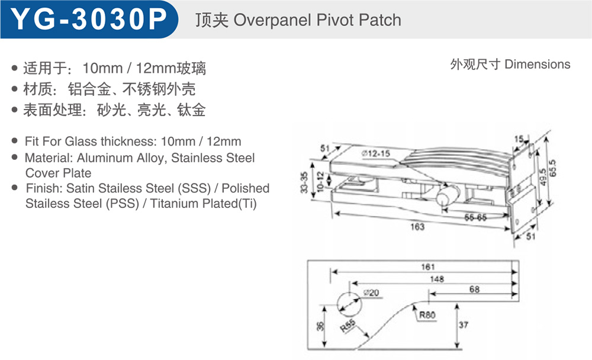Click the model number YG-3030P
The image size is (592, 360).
point(89,19)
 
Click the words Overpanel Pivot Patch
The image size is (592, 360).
point(317,20)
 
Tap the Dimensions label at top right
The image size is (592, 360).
point(538,64)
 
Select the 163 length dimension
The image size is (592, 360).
point(417,227)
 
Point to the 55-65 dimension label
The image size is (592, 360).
point(475,217)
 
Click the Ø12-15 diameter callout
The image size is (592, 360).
point(376,153)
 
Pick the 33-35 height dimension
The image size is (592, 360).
point(304,182)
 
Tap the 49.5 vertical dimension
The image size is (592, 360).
point(543,177)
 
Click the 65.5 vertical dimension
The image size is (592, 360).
point(553,168)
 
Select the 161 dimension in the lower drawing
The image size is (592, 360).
point(428,266)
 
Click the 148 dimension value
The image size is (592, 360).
point(437,279)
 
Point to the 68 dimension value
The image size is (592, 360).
point(475,290)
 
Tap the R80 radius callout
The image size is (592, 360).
point(427,314)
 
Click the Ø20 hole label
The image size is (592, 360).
point(372,292)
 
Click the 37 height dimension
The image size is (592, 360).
point(464,325)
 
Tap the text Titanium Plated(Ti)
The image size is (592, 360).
point(204,204)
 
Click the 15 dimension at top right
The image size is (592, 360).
point(519,139)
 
